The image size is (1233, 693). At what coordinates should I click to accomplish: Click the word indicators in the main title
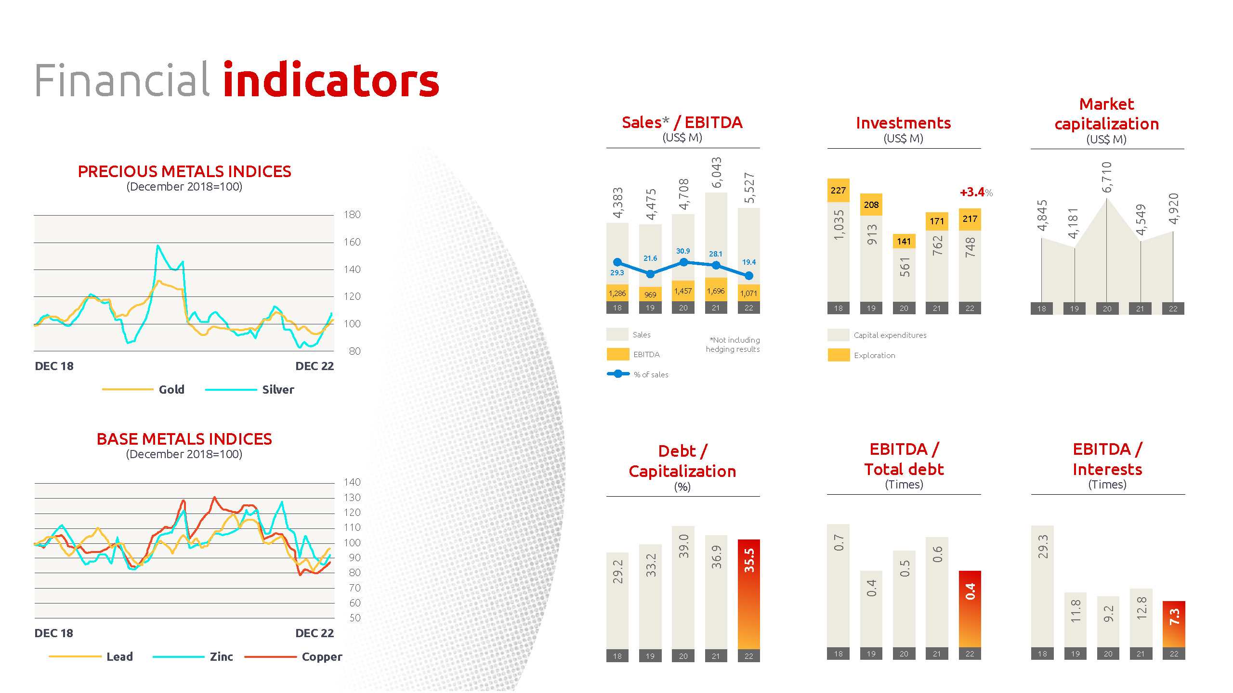(x=331, y=80)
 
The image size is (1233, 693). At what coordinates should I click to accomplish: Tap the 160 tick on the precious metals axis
(x=352, y=242)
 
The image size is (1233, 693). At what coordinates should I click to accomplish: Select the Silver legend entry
(x=278, y=389)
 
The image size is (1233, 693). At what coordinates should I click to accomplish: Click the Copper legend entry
(x=322, y=657)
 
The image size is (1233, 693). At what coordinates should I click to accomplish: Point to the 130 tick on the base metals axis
(x=352, y=498)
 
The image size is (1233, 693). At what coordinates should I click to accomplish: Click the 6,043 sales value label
(x=717, y=173)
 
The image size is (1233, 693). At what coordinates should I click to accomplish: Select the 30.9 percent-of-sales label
(x=683, y=251)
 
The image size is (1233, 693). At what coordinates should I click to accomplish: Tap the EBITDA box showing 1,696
(x=716, y=291)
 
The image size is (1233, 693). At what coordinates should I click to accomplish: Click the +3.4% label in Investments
(x=976, y=192)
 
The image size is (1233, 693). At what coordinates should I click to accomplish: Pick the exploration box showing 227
(x=838, y=191)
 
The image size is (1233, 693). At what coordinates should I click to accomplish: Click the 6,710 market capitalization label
(x=1107, y=178)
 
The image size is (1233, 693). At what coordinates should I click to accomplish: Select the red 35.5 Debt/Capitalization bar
(x=749, y=594)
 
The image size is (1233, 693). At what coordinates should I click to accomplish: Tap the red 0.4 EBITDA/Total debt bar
(x=970, y=609)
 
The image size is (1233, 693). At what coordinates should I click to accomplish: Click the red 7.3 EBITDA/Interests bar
(x=1174, y=624)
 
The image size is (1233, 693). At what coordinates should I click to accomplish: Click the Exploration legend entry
(x=874, y=356)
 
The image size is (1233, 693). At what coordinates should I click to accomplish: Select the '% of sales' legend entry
(x=651, y=375)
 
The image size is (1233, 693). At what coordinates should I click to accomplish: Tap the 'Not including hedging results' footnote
(x=733, y=345)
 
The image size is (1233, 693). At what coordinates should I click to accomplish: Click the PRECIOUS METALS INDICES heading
(x=184, y=172)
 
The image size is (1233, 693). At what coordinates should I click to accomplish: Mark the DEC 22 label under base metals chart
(x=315, y=633)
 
